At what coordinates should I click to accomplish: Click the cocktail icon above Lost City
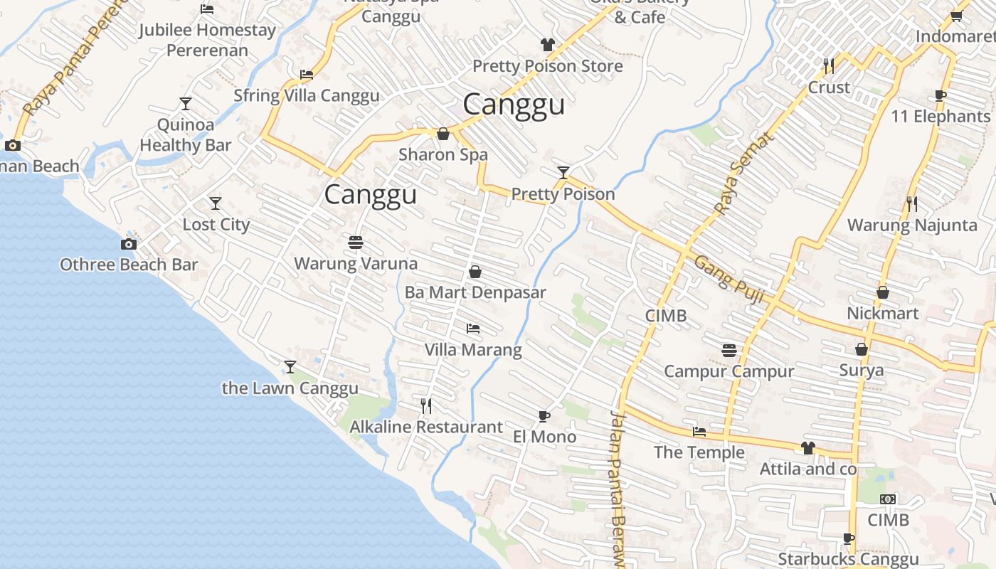click(x=216, y=203)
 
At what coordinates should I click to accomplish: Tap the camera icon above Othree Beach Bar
click(x=128, y=245)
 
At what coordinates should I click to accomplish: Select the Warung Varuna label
click(x=356, y=264)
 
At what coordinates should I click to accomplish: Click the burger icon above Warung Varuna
click(x=356, y=243)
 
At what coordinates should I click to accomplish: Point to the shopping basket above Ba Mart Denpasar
click(x=475, y=272)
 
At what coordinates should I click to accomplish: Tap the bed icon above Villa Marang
click(x=473, y=329)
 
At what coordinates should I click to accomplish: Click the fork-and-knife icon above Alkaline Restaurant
click(x=426, y=406)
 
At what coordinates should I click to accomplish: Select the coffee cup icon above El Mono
click(x=544, y=416)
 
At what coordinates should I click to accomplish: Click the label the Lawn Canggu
click(x=290, y=388)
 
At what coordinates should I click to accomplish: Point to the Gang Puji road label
click(x=729, y=280)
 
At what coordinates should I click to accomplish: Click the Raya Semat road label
click(x=743, y=174)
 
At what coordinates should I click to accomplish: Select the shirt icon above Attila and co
click(x=808, y=448)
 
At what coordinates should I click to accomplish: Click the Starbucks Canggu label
click(x=848, y=559)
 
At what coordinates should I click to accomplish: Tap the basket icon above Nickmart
click(x=883, y=292)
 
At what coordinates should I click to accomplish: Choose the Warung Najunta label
click(x=911, y=225)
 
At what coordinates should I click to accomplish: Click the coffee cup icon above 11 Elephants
click(x=941, y=95)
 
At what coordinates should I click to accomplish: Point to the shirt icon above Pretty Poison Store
click(x=547, y=45)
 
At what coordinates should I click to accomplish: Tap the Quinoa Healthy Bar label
click(x=185, y=135)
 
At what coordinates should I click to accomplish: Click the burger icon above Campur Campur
click(x=729, y=350)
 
